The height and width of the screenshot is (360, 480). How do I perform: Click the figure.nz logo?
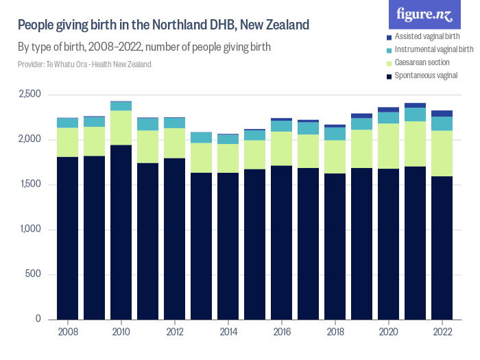426,14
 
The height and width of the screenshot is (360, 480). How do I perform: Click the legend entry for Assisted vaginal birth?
431,36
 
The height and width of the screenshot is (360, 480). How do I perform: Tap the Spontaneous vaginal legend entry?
426,75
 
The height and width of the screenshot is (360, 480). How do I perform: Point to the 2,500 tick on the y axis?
30,95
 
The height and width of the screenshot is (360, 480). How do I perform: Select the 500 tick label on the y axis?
34,275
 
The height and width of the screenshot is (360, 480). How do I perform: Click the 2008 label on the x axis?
67,331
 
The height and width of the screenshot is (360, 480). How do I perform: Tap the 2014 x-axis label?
228,331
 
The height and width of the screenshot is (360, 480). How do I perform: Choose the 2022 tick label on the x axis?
442,331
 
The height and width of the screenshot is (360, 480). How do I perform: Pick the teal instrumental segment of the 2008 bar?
67,123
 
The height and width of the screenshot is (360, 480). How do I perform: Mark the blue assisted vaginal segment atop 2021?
415,106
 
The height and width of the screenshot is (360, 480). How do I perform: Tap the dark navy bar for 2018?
335,246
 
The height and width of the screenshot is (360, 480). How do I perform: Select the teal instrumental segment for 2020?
388,117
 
